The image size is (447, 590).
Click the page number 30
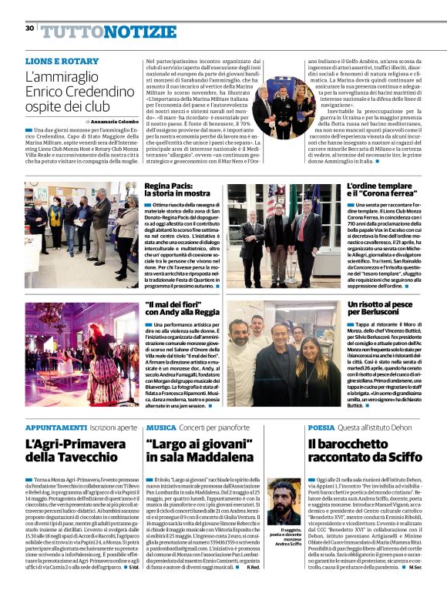29,28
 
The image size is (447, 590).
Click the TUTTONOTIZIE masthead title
98,30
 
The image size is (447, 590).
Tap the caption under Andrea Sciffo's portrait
284,538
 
